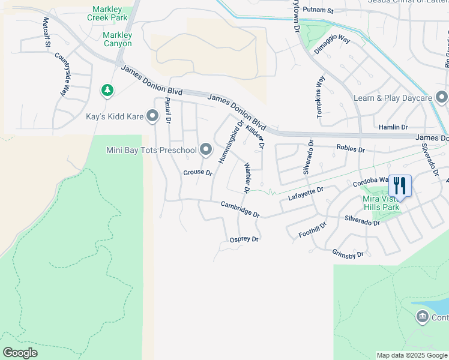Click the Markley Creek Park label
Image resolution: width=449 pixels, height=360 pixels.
click(x=110, y=14)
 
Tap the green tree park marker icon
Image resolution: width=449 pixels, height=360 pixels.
click(x=107, y=91)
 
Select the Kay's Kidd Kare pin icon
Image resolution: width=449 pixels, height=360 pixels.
click(x=152, y=116)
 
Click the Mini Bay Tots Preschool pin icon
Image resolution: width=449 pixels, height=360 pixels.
click(x=206, y=149)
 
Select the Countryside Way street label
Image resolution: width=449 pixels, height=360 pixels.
click(x=62, y=75)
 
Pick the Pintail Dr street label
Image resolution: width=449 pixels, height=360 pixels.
click(x=168, y=112)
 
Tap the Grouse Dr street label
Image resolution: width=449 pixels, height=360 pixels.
click(x=197, y=173)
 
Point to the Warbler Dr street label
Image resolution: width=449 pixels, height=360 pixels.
click(x=246, y=178)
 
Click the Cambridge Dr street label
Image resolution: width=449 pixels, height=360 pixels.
click(x=240, y=209)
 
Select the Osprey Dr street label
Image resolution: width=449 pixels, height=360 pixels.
click(x=244, y=239)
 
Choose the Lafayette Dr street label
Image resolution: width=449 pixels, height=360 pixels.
click(x=306, y=193)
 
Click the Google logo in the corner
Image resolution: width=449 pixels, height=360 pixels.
click(x=20, y=353)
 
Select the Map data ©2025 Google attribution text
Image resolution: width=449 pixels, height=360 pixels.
click(x=411, y=355)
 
